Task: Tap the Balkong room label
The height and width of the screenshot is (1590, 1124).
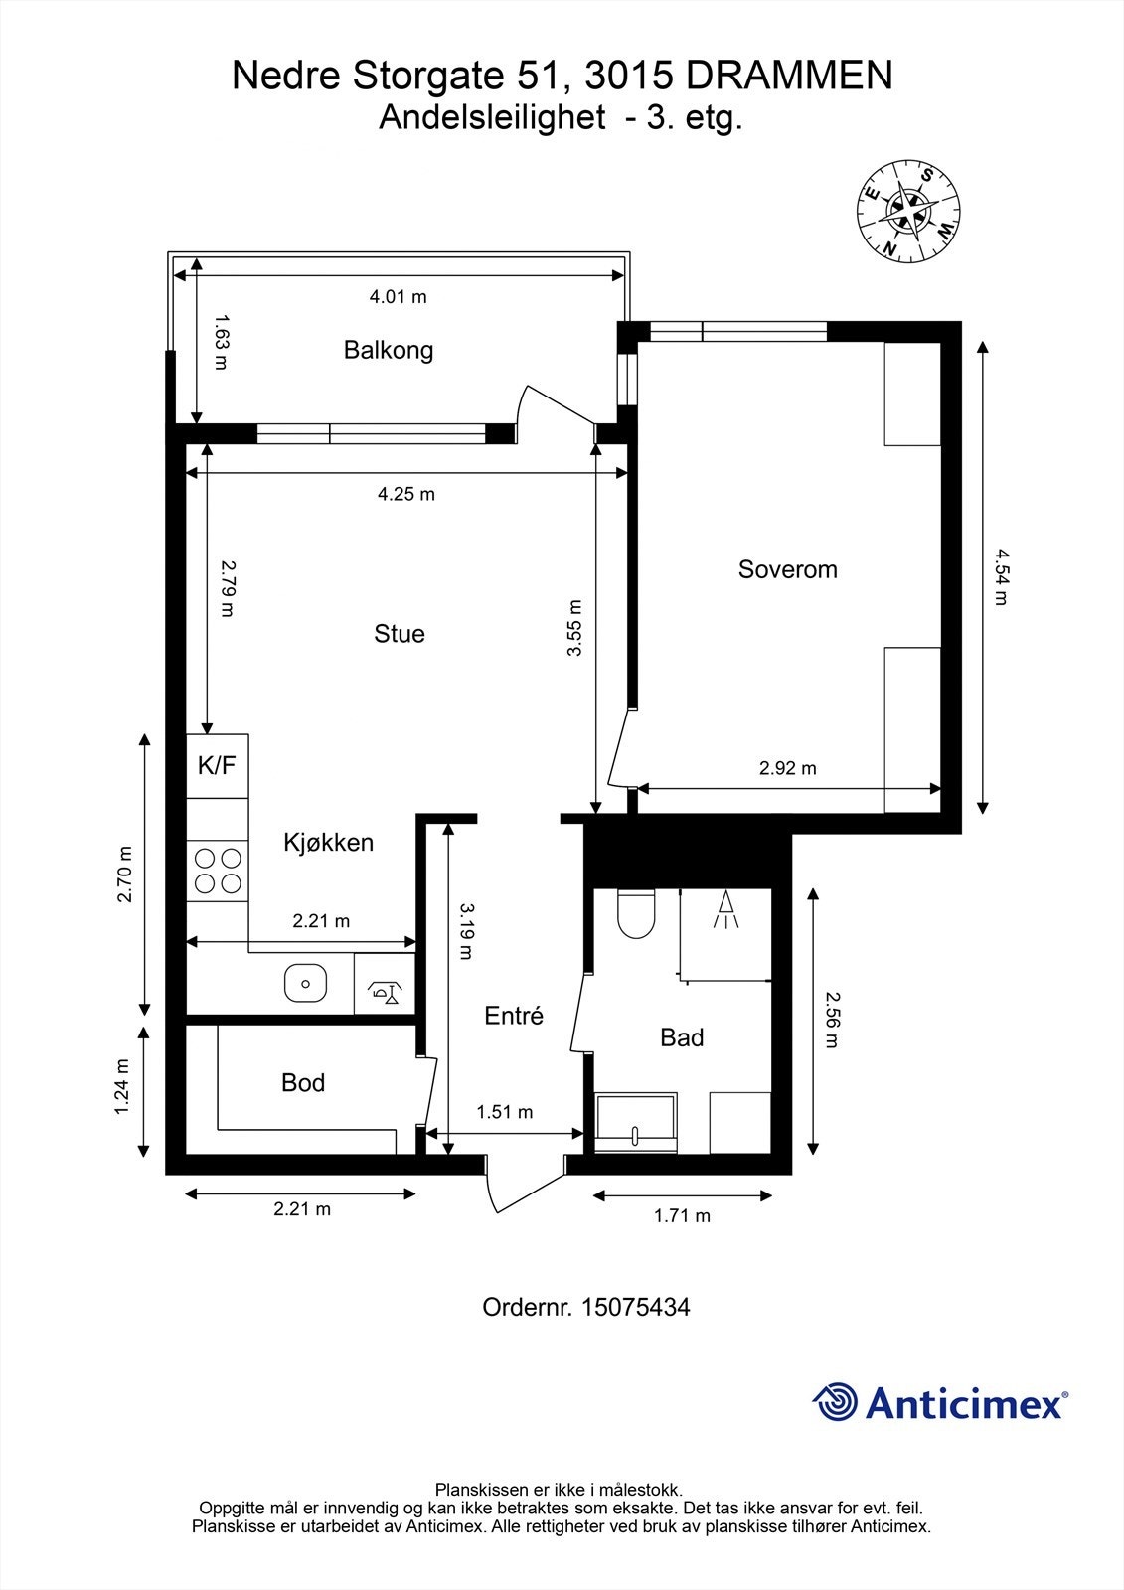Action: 389,350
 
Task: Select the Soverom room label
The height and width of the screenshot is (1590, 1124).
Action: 787,569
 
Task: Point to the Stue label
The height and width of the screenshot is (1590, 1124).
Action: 400,633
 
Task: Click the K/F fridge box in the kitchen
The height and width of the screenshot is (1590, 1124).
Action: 218,766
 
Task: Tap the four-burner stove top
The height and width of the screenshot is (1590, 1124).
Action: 218,871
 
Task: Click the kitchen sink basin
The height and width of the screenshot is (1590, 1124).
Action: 305,983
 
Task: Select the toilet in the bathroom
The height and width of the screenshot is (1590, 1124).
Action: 635,913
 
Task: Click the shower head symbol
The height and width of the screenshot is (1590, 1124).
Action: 724,910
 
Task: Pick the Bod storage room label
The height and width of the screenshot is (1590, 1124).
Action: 303,1082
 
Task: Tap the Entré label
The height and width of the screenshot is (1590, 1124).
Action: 514,1015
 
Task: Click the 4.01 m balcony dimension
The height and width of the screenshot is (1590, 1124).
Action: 398,297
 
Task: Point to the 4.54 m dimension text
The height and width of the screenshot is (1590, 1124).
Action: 1001,577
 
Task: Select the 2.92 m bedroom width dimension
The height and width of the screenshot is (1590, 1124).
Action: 787,768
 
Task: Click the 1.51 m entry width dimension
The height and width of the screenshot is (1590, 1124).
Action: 504,1112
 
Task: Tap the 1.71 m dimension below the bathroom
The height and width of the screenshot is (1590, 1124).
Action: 682,1216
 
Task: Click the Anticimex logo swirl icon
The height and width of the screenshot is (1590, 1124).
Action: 835,1402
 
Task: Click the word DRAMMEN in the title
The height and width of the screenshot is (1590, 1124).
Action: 789,76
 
